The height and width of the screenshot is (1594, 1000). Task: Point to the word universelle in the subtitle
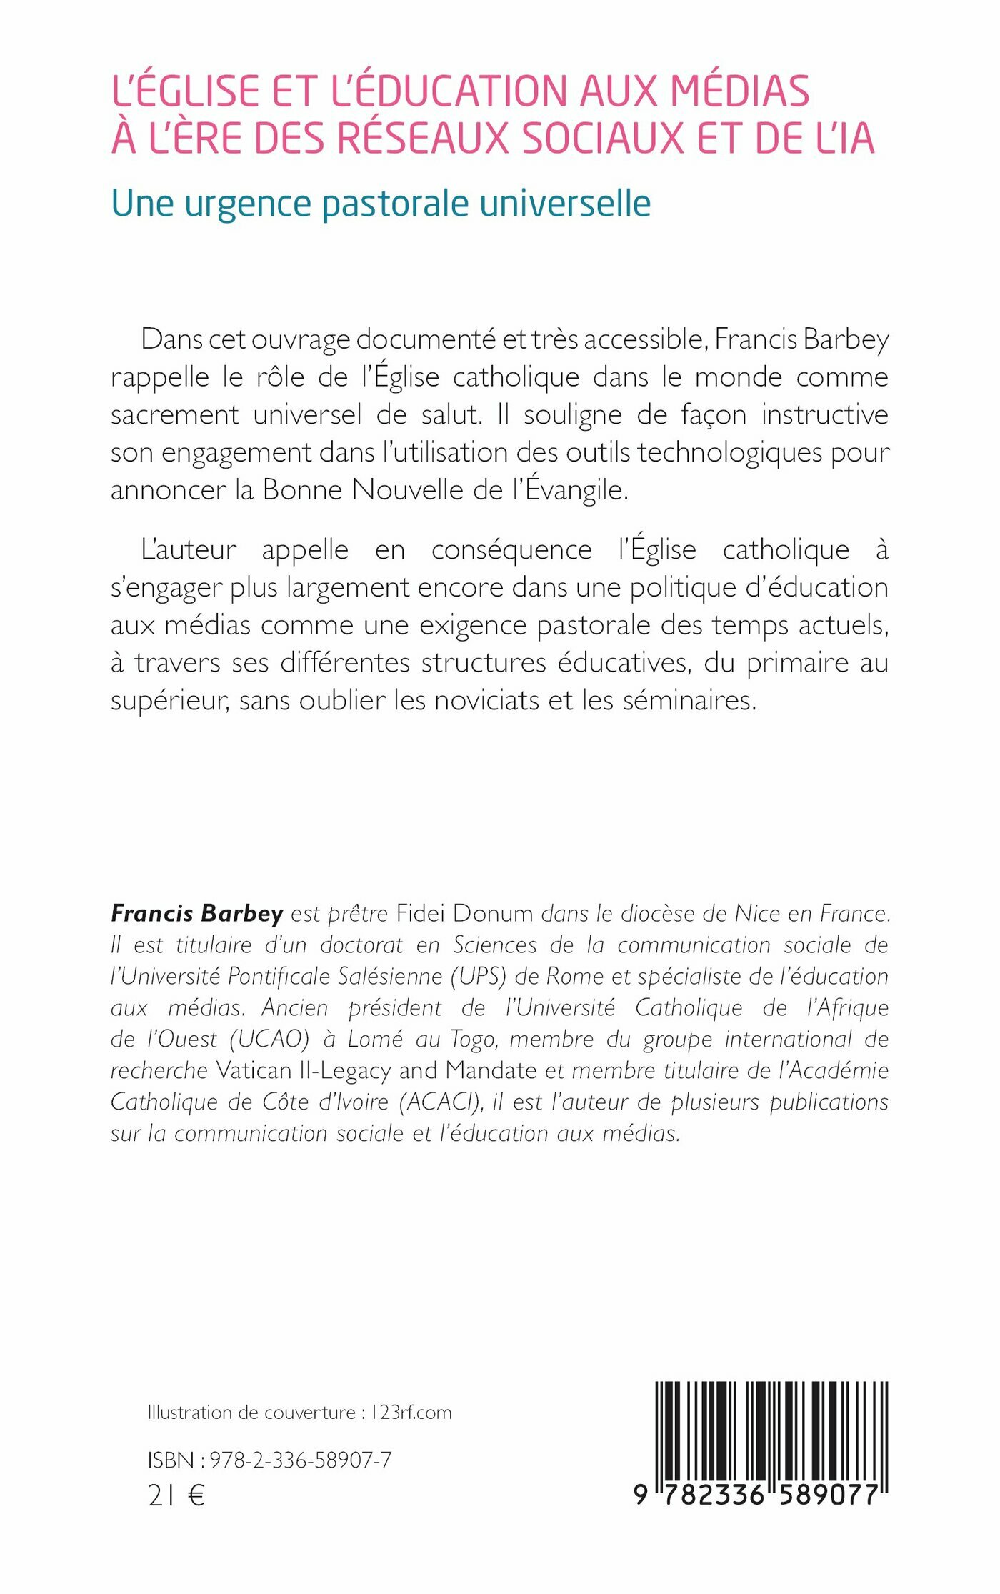pyautogui.click(x=565, y=204)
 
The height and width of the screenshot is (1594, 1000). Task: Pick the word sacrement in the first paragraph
pyautogui.click(x=174, y=415)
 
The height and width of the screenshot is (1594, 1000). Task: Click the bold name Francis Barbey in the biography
pyautogui.click(x=197, y=913)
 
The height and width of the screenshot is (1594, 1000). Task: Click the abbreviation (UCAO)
pyautogui.click(x=269, y=1039)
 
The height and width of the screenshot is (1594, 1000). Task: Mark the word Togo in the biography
pyautogui.click(x=473, y=1039)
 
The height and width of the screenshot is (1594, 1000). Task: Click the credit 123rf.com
pyautogui.click(x=411, y=1413)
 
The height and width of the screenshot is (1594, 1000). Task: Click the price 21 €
pyautogui.click(x=176, y=1495)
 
